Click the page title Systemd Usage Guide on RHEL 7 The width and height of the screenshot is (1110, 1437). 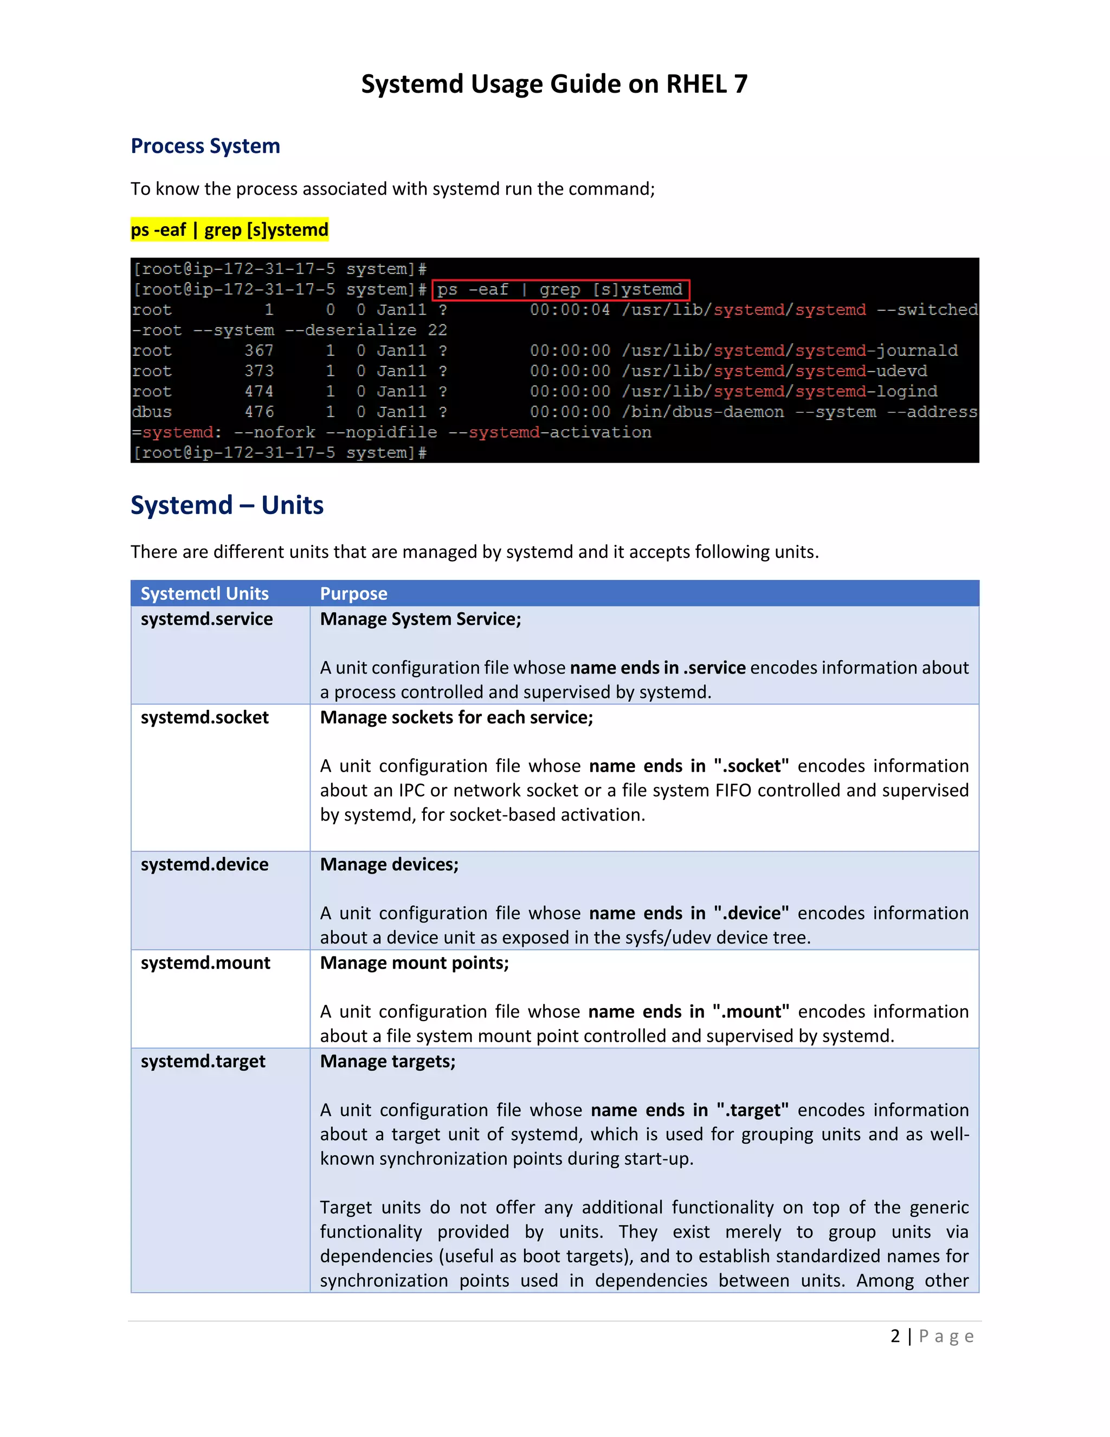554,84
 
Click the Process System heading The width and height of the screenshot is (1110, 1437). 205,145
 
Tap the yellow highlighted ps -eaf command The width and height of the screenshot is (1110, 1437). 229,229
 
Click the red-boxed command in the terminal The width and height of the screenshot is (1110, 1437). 560,290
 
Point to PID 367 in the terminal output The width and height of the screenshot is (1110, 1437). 259,351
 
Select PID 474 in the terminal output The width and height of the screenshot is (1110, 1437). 259,392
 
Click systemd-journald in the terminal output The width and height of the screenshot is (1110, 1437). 876,351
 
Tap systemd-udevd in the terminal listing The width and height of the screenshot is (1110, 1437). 861,371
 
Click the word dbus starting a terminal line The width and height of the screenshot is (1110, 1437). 152,412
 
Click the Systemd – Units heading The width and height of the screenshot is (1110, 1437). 227,505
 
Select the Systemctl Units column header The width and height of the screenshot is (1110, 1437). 204,593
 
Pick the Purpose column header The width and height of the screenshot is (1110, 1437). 353,593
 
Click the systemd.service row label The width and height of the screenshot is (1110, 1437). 206,619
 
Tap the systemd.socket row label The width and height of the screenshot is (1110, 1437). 204,717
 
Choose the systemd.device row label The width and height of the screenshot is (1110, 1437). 204,864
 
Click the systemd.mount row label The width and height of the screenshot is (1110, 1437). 205,963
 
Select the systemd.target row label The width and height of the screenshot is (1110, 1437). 203,1061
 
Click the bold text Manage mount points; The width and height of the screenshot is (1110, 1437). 414,963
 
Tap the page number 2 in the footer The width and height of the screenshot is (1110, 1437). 895,1336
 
